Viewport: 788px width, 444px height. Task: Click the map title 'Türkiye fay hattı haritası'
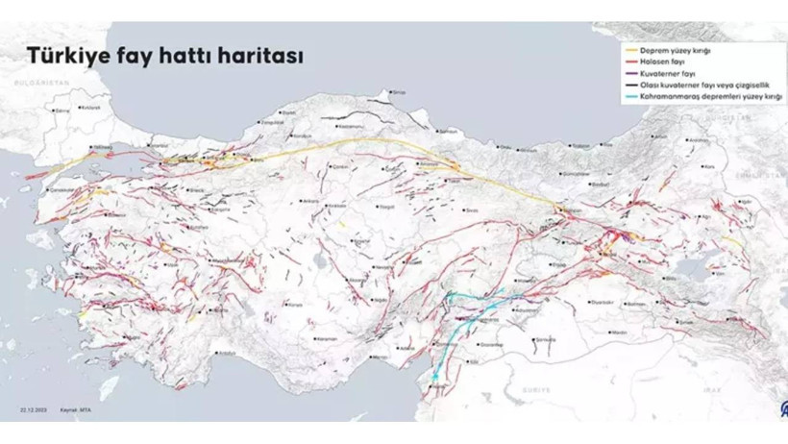164,56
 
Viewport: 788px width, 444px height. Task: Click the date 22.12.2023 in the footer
34,410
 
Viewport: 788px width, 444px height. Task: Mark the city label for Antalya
228,353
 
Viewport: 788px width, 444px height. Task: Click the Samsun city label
448,131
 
